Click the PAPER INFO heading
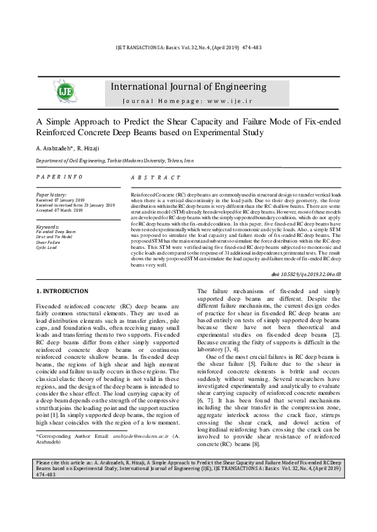(59, 178)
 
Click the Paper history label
(51, 195)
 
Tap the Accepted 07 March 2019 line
(65, 210)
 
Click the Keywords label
(48, 226)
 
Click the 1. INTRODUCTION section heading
(62, 291)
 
